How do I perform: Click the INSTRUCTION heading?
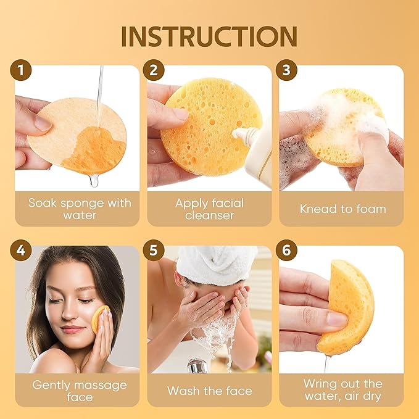[x=209, y=37]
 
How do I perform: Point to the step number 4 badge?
[x=22, y=252]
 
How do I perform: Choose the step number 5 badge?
[x=154, y=252]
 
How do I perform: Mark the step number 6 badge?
[x=288, y=252]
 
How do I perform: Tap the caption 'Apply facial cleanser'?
[x=209, y=209]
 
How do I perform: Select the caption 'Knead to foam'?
[x=342, y=209]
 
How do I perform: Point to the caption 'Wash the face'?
[x=209, y=391]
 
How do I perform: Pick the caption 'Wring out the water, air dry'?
[x=342, y=391]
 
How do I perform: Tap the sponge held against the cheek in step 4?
[x=98, y=318]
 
